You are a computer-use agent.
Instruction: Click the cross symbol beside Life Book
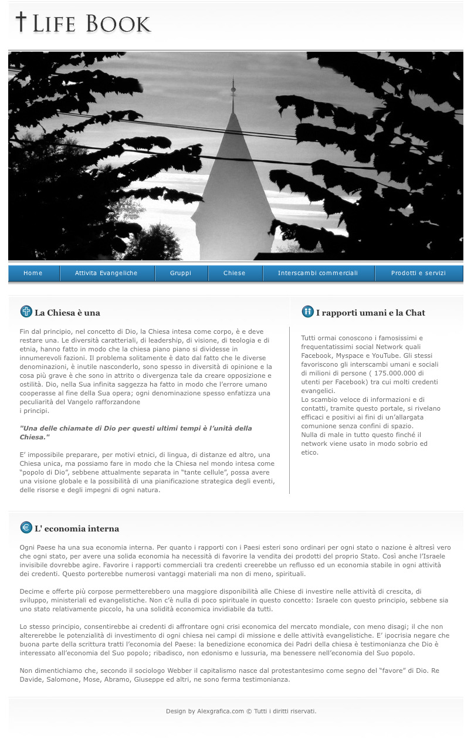pyautogui.click(x=21, y=22)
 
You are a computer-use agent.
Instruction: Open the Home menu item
pyautogui.click(x=33, y=273)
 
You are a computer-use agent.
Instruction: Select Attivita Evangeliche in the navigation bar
pyautogui.click(x=106, y=273)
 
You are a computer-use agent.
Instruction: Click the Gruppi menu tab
pyautogui.click(x=181, y=273)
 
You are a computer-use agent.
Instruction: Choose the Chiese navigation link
pyautogui.click(x=235, y=273)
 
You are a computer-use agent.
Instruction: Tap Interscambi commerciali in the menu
pyautogui.click(x=318, y=273)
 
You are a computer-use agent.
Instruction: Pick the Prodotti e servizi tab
pyautogui.click(x=418, y=273)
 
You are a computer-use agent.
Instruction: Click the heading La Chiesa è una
pyautogui.click(x=67, y=313)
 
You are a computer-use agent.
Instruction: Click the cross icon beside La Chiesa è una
pyautogui.click(x=26, y=311)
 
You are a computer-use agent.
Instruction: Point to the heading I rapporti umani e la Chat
pyautogui.click(x=371, y=313)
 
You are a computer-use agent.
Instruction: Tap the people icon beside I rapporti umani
pyautogui.click(x=307, y=311)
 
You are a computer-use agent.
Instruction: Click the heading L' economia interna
pyautogui.click(x=77, y=529)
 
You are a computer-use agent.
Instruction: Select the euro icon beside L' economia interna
pyautogui.click(x=26, y=527)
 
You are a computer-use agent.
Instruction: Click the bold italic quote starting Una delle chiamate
pyautogui.click(x=136, y=432)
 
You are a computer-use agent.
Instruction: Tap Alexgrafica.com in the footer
pyautogui.click(x=221, y=711)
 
